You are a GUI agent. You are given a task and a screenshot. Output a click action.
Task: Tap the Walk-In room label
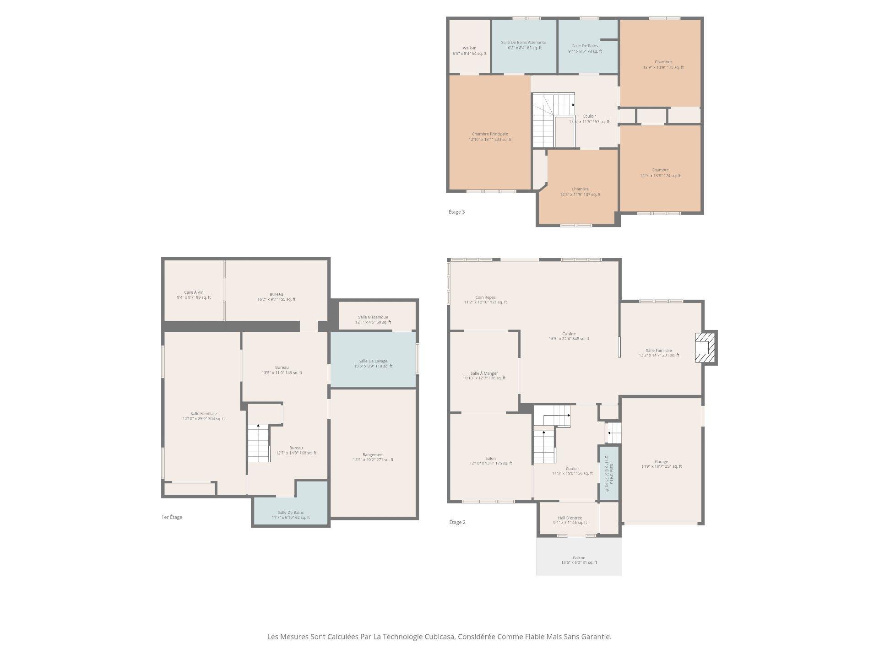click(x=469, y=50)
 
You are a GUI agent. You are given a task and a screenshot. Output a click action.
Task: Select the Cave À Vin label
click(x=194, y=295)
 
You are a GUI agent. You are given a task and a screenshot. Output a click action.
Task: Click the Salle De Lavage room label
click(x=373, y=363)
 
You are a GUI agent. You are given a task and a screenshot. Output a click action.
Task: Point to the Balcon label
click(x=579, y=560)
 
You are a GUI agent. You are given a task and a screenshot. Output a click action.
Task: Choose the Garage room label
click(x=661, y=464)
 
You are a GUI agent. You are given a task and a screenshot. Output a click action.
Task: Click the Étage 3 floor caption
click(x=456, y=212)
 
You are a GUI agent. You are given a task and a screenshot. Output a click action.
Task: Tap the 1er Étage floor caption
click(x=172, y=517)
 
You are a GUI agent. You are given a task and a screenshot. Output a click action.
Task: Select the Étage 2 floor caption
click(x=457, y=522)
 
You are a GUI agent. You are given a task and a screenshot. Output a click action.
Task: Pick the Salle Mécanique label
click(x=373, y=319)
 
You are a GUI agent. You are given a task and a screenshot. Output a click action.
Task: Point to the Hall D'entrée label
click(x=570, y=520)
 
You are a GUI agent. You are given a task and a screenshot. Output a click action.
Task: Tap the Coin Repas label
click(x=485, y=300)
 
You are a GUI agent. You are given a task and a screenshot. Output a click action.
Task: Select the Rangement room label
click(x=373, y=457)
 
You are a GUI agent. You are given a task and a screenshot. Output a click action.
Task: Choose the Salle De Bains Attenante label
click(x=523, y=45)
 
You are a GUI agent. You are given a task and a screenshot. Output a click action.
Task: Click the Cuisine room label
click(x=569, y=336)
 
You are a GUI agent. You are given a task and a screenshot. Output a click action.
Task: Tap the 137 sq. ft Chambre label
click(x=580, y=192)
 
